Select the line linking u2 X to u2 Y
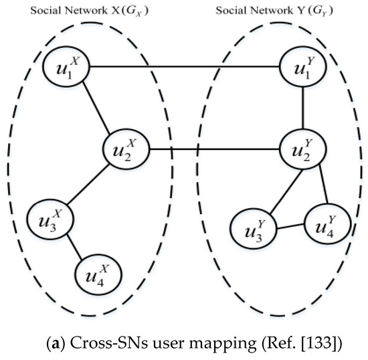[x=214, y=149]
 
